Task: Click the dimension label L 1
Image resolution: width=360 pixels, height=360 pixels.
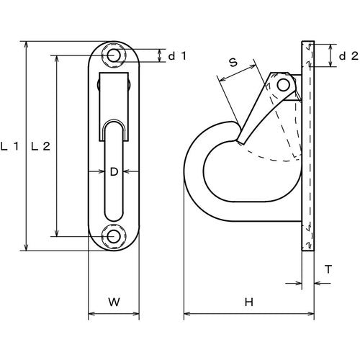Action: [x=9, y=146]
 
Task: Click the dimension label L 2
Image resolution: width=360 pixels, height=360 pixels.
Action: [x=41, y=146]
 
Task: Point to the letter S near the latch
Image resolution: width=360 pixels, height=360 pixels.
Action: [x=233, y=63]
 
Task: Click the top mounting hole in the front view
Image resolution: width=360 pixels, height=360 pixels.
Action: [x=113, y=55]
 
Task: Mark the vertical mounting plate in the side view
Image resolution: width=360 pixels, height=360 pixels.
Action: [x=309, y=144]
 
